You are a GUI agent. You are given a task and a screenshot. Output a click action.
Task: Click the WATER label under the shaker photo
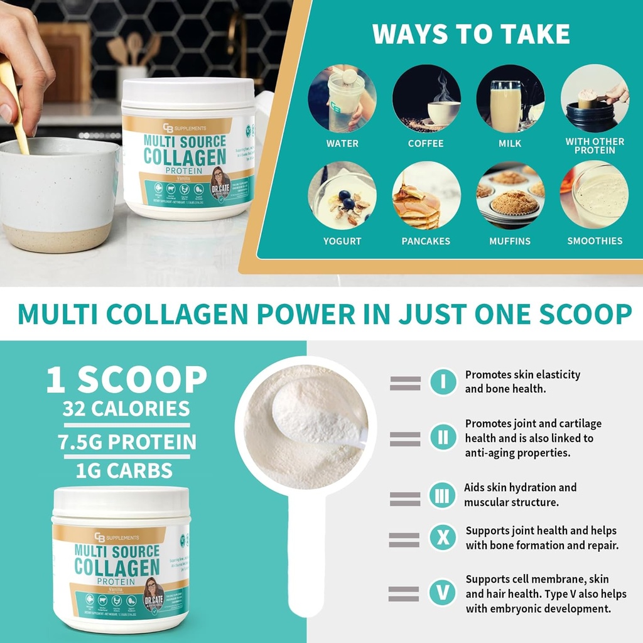click(342, 144)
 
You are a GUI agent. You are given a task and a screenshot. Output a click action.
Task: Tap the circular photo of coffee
click(426, 98)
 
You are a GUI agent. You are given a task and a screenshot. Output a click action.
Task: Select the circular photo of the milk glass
click(510, 98)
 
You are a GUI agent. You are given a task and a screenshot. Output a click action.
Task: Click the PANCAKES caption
click(426, 241)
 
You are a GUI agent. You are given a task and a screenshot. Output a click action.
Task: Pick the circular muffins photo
click(510, 195)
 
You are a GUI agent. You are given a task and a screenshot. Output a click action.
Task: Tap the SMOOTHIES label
click(595, 241)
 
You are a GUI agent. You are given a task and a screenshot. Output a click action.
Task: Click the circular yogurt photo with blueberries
click(342, 195)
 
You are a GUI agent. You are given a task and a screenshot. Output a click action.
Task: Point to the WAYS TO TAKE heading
click(471, 35)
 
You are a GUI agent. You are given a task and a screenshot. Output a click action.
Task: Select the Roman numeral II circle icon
click(443, 438)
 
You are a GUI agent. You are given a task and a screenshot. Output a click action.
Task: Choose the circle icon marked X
click(443, 538)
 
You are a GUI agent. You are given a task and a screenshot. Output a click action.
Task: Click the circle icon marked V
click(443, 592)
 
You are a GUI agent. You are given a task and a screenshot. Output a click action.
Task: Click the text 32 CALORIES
click(126, 409)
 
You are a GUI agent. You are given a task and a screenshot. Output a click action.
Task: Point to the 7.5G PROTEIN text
click(127, 442)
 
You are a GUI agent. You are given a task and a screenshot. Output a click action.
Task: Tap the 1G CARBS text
click(124, 470)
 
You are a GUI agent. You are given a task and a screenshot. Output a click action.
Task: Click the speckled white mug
click(57, 195)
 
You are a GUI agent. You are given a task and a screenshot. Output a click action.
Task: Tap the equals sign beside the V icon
click(404, 593)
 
